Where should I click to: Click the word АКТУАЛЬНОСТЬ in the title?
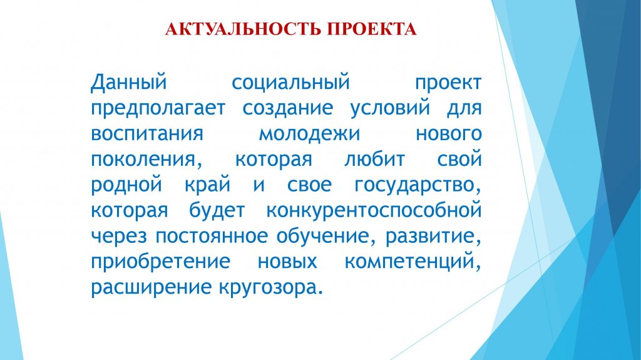click(x=244, y=29)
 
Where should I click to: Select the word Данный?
click(x=129, y=83)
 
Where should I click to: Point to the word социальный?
click(x=290, y=83)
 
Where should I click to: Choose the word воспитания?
click(x=147, y=134)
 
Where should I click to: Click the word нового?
click(x=449, y=134)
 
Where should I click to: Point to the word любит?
click(x=374, y=159)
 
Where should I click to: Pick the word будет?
click(x=217, y=210)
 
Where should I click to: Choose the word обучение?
click(x=323, y=236)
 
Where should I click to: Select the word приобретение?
click(x=161, y=262)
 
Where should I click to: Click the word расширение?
click(x=151, y=288)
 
